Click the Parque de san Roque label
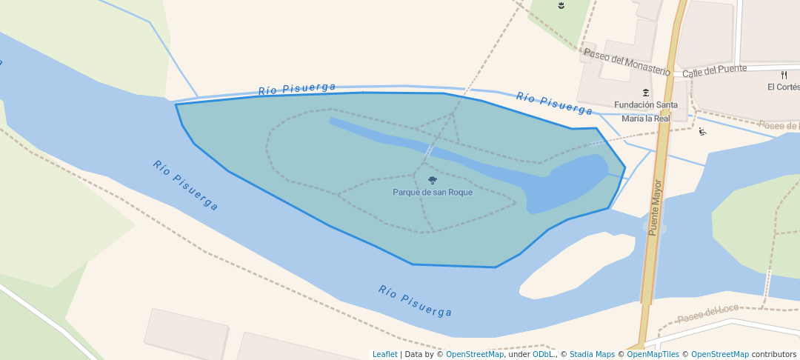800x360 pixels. [x=433, y=193]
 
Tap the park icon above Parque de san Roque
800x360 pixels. [x=433, y=180]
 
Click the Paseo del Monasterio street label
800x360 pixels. [x=627, y=61]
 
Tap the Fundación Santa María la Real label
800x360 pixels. [x=645, y=111]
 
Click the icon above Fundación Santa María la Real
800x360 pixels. [x=646, y=93]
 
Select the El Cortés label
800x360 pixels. [x=783, y=87]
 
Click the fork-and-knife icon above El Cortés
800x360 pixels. [x=784, y=75]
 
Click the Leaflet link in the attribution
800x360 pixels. [x=384, y=354]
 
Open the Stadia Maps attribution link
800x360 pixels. [x=592, y=354]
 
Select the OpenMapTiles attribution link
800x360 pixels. [x=653, y=354]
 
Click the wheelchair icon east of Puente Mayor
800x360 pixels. [x=702, y=132]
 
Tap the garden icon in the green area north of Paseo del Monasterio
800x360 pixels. [x=561, y=7]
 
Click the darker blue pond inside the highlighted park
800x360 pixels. [x=570, y=181]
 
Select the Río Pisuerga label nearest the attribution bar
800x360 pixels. [x=415, y=301]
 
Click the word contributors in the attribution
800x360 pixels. [x=773, y=354]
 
